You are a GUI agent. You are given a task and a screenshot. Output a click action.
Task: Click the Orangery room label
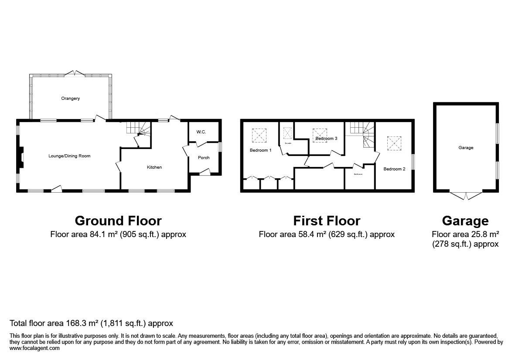[70, 98]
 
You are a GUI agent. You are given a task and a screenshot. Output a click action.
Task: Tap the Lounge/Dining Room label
[69, 156]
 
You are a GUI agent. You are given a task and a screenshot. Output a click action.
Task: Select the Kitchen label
[154, 167]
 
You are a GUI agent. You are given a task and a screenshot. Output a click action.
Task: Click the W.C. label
[201, 132]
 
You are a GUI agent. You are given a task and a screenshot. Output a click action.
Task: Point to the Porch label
[204, 157]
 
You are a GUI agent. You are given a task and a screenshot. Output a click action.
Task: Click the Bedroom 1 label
[260, 150]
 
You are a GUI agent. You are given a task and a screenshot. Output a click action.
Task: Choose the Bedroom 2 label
[395, 169]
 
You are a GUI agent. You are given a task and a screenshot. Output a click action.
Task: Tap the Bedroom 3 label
[326, 139]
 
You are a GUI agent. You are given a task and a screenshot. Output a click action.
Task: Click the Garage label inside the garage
[466, 148]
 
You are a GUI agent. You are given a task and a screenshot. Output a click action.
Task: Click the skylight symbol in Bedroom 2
[394, 142]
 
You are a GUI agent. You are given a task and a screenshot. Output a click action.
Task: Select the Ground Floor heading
[118, 221]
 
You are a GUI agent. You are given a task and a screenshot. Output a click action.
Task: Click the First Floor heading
[327, 221]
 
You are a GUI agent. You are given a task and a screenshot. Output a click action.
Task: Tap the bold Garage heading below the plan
[465, 221]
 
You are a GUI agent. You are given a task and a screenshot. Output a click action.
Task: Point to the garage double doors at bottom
[466, 196]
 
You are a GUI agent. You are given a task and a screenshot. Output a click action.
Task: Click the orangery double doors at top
[75, 73]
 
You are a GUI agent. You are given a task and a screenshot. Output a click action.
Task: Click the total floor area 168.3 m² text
[92, 323]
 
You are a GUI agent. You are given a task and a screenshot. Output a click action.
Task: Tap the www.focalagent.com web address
[34, 348]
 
